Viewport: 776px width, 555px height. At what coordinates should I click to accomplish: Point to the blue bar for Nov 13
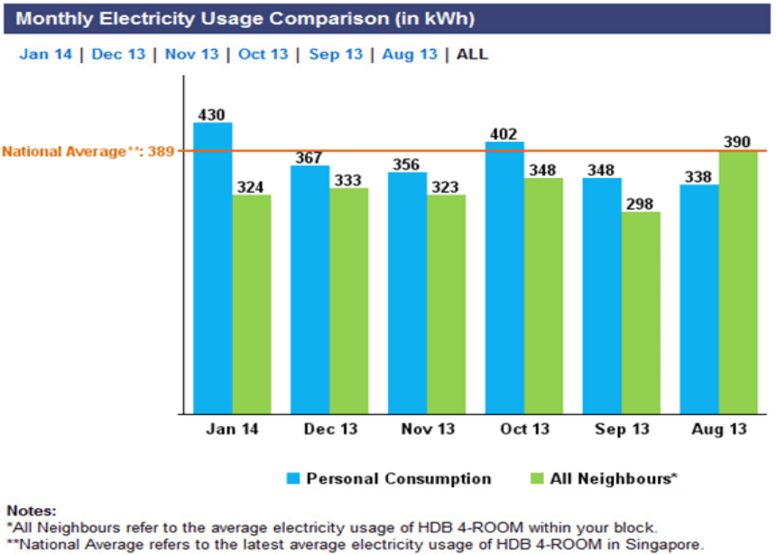tap(407, 292)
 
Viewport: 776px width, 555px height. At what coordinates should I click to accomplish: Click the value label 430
tap(213, 115)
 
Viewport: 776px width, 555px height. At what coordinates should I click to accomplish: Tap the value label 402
tap(504, 134)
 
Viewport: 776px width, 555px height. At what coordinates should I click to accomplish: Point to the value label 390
tap(738, 143)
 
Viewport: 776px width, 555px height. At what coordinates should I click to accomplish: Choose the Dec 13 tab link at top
tap(118, 54)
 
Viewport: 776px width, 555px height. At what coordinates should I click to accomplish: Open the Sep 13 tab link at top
tap(336, 54)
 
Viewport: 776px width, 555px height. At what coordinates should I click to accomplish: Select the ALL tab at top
tap(472, 54)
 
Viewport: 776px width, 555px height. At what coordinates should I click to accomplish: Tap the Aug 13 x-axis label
tap(719, 430)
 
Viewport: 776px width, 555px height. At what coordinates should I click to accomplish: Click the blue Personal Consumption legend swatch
tap(292, 478)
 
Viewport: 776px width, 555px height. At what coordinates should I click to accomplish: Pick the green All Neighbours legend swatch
tap(536, 478)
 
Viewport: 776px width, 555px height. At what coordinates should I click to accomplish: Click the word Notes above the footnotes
tap(31, 511)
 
